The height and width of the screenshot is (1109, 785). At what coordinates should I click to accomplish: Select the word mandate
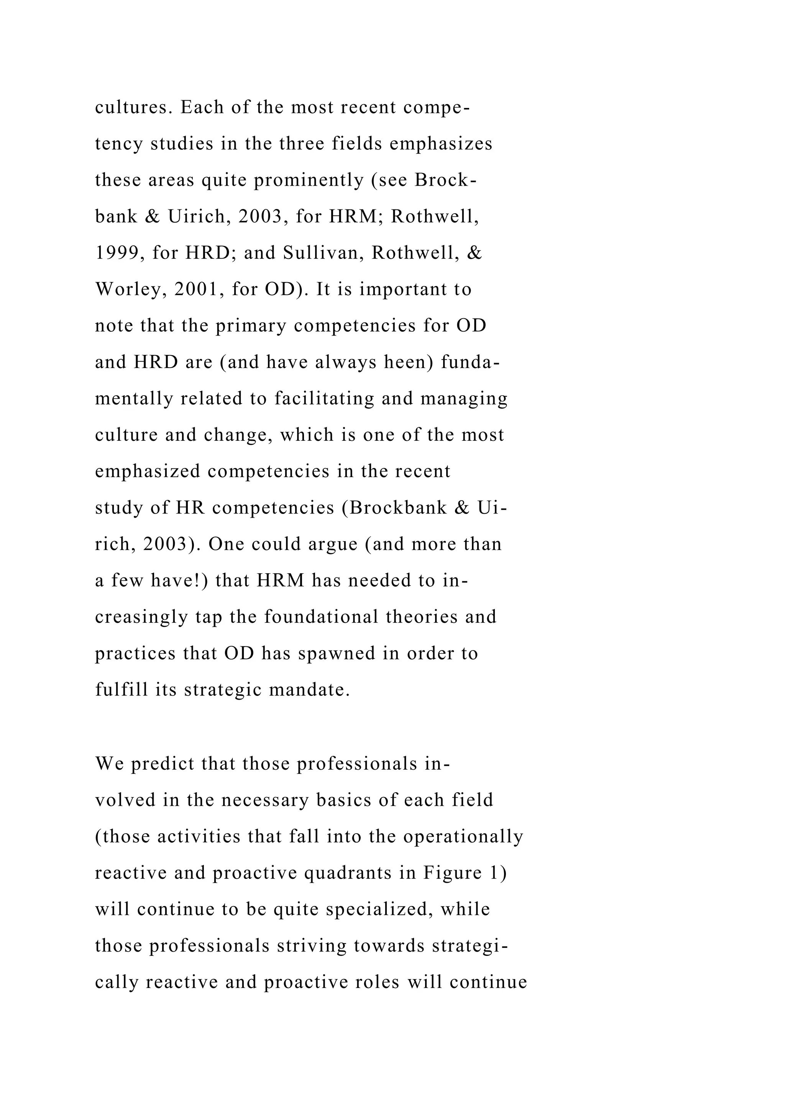click(x=309, y=690)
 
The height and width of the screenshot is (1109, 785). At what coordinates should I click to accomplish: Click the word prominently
click(x=309, y=180)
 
